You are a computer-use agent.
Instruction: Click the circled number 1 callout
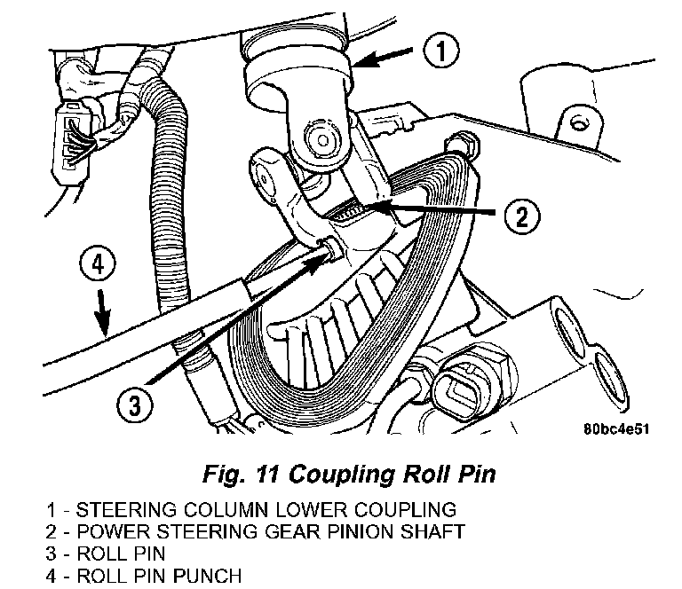coord(441,50)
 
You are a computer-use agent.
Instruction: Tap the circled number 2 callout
coord(522,216)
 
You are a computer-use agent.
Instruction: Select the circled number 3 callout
coord(135,406)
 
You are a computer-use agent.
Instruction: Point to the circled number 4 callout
coord(98,263)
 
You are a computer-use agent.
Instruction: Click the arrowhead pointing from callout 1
coord(364,61)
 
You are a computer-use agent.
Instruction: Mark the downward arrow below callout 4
coord(104,313)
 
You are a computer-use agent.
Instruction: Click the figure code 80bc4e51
coord(616,429)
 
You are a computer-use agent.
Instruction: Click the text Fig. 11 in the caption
coord(240,474)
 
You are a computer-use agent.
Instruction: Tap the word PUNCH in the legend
coord(207,576)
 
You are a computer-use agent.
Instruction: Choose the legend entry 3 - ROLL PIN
coord(106,554)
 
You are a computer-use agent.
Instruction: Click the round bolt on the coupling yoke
coord(322,140)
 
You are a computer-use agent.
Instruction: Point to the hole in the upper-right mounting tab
coord(577,123)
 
